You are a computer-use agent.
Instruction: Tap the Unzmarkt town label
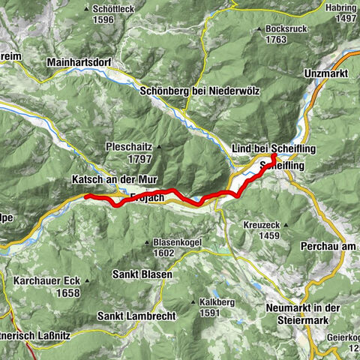pyautogui.click(x=328, y=74)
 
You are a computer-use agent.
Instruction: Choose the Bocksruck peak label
pyautogui.click(x=288, y=29)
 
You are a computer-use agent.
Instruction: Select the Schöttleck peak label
pyautogui.click(x=114, y=10)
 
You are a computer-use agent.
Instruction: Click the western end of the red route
pyautogui.click(x=87, y=196)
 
